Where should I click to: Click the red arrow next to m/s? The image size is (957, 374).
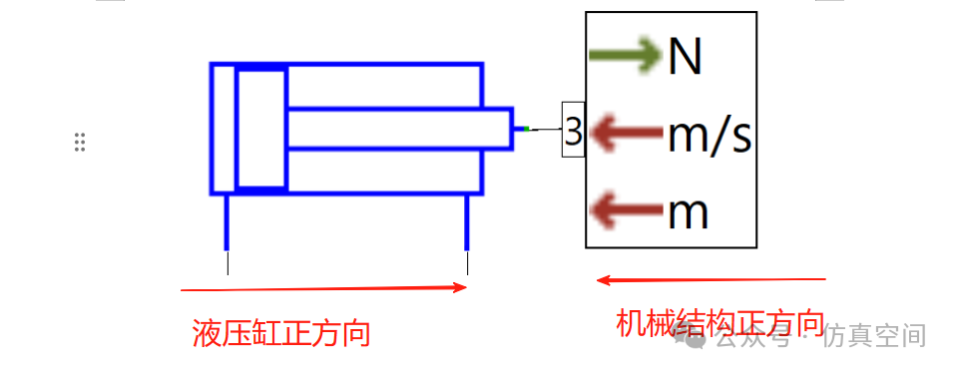click(626, 132)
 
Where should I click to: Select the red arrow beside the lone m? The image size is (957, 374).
click(626, 210)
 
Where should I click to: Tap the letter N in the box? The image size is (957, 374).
click(686, 57)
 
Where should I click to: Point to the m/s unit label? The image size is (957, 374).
click(709, 134)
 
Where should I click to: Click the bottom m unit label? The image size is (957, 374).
click(689, 212)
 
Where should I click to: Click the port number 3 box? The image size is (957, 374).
click(573, 131)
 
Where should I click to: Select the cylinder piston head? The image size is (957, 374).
click(261, 129)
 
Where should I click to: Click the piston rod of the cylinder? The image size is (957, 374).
click(399, 129)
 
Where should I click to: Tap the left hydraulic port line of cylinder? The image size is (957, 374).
click(228, 222)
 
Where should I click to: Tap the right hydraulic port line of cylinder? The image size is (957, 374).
click(468, 222)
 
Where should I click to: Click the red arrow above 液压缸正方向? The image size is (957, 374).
click(323, 288)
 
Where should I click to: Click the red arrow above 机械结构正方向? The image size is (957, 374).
click(711, 280)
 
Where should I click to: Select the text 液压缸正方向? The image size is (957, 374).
click(281, 332)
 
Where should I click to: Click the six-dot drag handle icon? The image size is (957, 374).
click(80, 142)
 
